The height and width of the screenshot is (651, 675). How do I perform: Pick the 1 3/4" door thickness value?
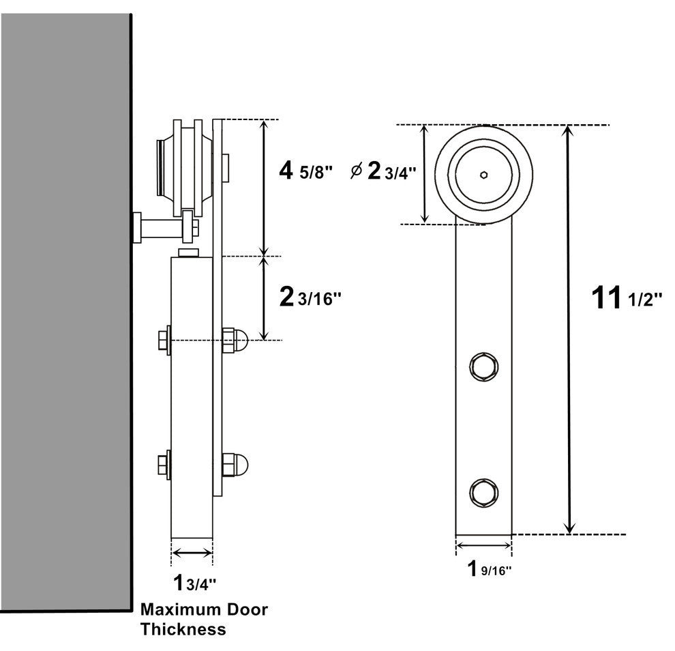point(194,583)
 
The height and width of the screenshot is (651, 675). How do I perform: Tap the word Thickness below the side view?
point(183,629)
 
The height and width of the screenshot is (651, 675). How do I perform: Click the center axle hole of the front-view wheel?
point(483,174)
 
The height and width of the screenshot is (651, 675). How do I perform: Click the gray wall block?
point(65,307)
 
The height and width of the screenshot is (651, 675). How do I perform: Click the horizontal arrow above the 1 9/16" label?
point(483,545)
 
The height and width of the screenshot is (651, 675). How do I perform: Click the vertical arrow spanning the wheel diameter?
point(425,174)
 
